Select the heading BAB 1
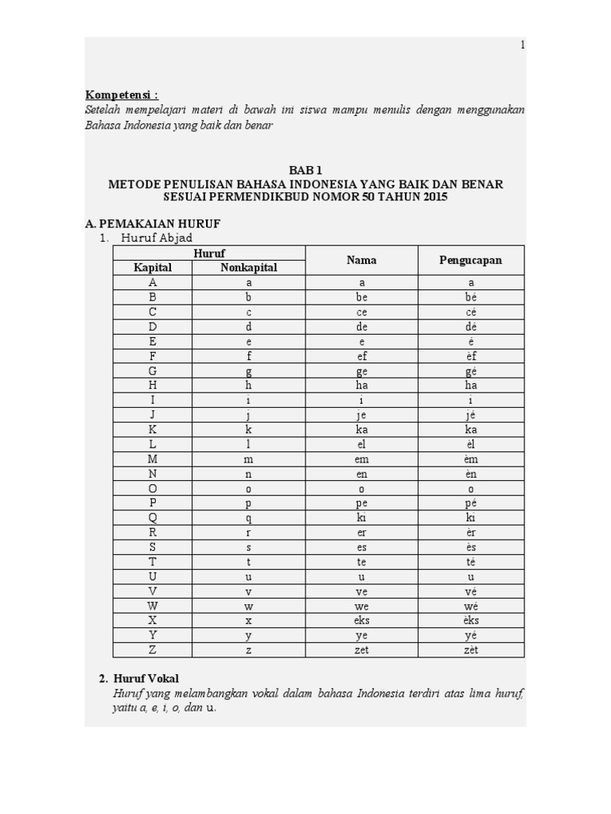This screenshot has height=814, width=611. click(x=305, y=170)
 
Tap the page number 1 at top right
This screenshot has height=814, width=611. click(x=523, y=45)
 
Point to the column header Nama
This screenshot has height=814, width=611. click(x=361, y=260)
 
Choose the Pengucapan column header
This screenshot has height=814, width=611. click(x=470, y=260)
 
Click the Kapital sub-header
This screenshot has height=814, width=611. click(x=153, y=268)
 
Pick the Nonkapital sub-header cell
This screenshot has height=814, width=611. click(x=248, y=268)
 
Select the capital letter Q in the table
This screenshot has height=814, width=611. click(x=153, y=517)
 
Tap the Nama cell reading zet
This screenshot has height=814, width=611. click(x=362, y=650)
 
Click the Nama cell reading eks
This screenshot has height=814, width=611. click(x=362, y=620)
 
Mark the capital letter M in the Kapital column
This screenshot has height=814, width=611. click(x=153, y=459)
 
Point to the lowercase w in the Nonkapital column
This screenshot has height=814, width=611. click(x=248, y=606)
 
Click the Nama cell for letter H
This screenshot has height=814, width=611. click(x=362, y=385)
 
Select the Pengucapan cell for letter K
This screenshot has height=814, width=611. click(x=471, y=429)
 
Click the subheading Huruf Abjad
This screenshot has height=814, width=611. click(x=157, y=238)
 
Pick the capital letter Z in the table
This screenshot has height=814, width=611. click(x=153, y=650)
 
